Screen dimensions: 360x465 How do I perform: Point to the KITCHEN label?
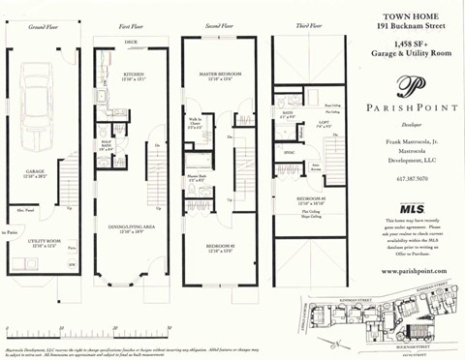click(x=132, y=74)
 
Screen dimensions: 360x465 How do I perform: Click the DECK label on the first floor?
click(x=131, y=44)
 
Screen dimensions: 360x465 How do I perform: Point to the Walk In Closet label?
click(x=194, y=121)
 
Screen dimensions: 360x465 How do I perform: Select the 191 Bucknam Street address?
click(x=406, y=28)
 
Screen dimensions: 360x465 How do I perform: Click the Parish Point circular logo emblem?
click(x=406, y=83)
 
